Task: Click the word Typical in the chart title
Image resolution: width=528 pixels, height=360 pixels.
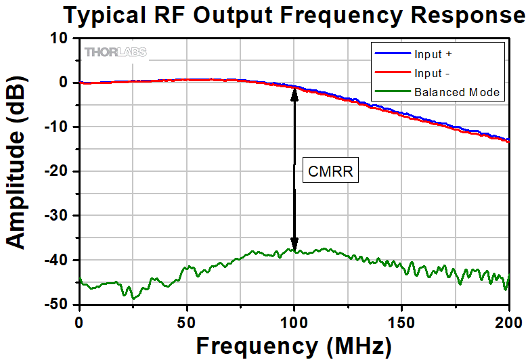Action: [x=106, y=15]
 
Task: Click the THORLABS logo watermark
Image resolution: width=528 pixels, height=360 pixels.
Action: [x=115, y=52]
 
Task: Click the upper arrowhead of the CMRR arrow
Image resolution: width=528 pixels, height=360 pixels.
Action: [x=294, y=93]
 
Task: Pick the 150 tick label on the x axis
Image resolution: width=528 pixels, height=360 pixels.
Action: [x=401, y=320]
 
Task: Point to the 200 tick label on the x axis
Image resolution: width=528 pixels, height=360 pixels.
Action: [x=508, y=320]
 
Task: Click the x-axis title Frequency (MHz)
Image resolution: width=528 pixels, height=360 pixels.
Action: [x=293, y=346]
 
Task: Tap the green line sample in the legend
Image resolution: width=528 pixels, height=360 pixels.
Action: [x=393, y=92]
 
